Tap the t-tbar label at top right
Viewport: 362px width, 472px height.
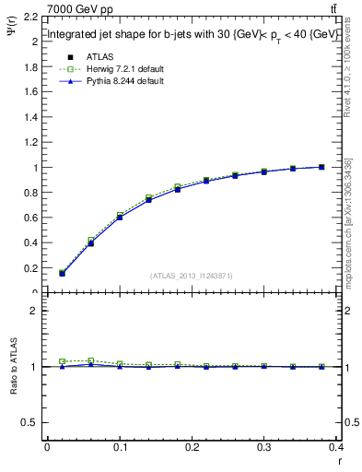pos(333,8)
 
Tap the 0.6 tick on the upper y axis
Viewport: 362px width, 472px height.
pos(31,218)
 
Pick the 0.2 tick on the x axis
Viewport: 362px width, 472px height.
pos(193,447)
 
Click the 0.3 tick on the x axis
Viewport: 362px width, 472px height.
pos(265,447)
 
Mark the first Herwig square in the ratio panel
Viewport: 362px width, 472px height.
pos(62,361)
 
